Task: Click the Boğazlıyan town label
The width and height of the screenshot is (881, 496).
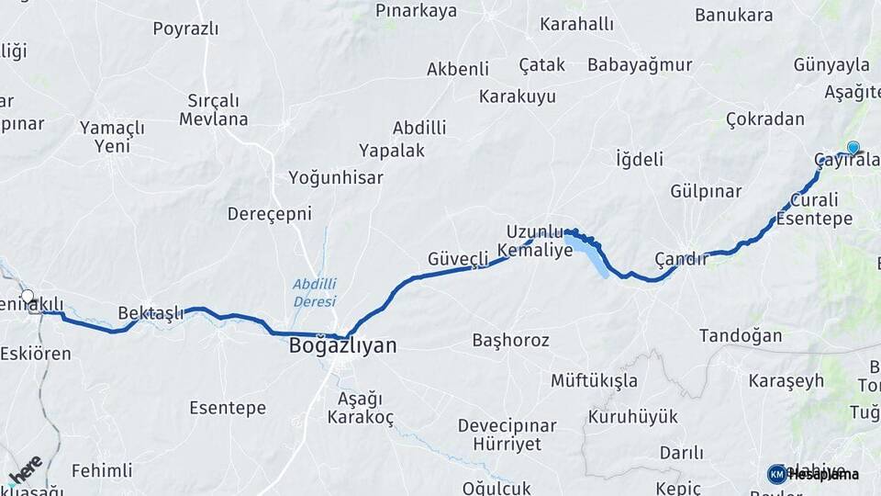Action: pos(343,346)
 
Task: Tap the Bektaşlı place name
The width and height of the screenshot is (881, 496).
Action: pos(151,313)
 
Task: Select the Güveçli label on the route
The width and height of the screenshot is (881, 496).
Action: pos(458,259)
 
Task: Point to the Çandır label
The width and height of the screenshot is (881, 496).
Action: pos(681,258)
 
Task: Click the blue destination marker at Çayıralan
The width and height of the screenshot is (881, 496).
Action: pos(853,148)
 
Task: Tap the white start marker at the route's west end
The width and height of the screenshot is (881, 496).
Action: pos(28,297)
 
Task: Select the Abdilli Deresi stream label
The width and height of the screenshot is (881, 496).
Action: pos(314,292)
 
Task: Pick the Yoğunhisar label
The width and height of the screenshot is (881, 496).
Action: pos(336,178)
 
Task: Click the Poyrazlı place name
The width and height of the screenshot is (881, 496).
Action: pos(185,28)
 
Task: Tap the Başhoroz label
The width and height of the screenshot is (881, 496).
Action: pos(510,340)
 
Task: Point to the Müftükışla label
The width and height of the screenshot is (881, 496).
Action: pos(594,380)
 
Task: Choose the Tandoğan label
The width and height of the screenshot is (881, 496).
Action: pos(741,336)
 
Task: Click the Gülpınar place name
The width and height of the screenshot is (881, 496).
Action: pos(706,191)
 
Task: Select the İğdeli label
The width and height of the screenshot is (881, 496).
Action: pos(640,159)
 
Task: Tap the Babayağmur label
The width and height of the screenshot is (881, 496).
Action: pos(640,64)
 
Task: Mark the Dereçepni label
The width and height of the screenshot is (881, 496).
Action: pos(270,214)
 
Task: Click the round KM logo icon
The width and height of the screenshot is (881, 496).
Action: pos(776,474)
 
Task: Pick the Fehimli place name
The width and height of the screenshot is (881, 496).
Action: pos(102,470)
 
